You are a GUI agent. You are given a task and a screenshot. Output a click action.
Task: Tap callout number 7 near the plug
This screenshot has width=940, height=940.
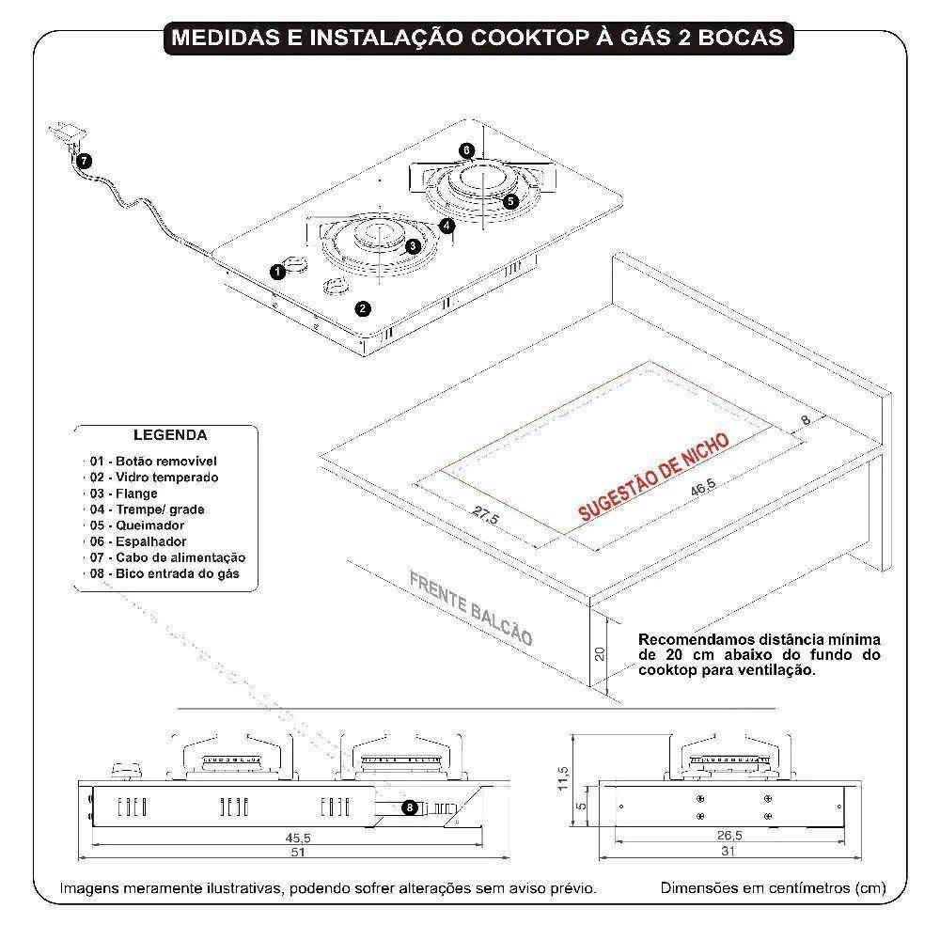[85, 161]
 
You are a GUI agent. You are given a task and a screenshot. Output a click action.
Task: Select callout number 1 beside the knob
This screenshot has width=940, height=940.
[277, 272]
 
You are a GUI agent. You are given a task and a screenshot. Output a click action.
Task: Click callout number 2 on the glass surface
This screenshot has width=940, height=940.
[363, 307]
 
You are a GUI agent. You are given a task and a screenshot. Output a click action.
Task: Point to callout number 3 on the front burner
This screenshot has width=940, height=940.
[412, 245]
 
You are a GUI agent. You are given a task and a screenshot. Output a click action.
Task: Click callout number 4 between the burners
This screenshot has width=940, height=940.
[446, 226]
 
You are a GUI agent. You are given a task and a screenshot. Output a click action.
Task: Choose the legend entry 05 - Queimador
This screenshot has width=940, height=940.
[137, 525]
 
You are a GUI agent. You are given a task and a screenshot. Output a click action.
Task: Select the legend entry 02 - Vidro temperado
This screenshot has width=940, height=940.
[154, 478]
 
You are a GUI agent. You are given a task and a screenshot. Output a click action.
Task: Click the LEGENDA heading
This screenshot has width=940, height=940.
[170, 435]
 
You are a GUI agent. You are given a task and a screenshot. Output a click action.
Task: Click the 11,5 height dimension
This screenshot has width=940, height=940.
[563, 778]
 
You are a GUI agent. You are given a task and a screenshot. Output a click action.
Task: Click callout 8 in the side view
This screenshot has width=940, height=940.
[410, 807]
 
